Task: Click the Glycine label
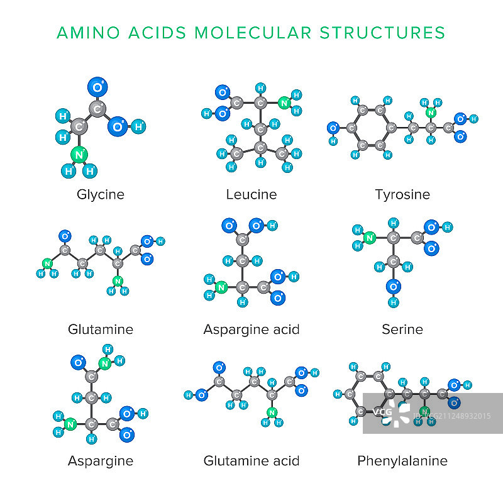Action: pos(101,194)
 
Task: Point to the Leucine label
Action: pos(251,194)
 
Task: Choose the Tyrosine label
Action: pos(402,194)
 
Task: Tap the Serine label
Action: pos(402,329)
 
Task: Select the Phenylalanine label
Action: pos(402,461)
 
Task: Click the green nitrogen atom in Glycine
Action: pos(79,153)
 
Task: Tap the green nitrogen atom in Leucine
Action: pos(284,103)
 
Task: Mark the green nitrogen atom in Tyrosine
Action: pos(431,113)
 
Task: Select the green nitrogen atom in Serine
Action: pos(370,238)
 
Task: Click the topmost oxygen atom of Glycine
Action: pos(97,86)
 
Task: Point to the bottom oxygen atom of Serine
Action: pos(394,287)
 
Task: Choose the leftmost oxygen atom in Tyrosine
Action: pos(334,128)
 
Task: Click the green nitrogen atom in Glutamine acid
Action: pos(272,412)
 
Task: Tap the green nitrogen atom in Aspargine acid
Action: pos(221,287)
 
